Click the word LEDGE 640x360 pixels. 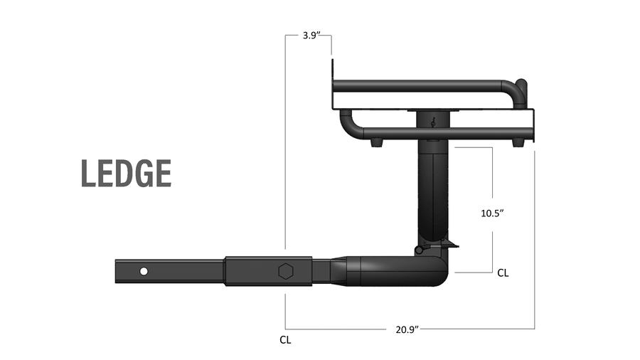point(126,174)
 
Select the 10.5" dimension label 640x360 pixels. point(492,213)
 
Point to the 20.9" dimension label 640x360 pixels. point(406,329)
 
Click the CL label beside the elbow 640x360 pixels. point(503,272)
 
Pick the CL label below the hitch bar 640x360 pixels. point(285,340)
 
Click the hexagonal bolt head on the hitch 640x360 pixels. point(284,271)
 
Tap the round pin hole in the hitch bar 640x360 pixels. point(144,271)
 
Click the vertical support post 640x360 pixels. point(432,192)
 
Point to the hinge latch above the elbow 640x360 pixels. point(421,250)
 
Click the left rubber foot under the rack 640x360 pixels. point(375,142)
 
